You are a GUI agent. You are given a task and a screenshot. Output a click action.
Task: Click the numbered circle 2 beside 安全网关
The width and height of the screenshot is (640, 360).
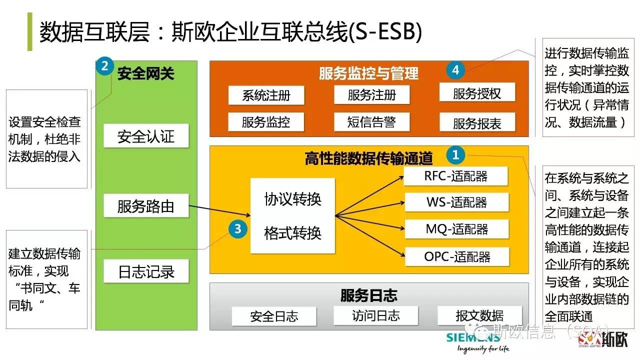tap(104, 66)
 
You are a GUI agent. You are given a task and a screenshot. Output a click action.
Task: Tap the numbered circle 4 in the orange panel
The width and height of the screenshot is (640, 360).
tap(455, 70)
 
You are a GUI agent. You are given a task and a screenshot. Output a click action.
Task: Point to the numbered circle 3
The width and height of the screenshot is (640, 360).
tap(238, 229)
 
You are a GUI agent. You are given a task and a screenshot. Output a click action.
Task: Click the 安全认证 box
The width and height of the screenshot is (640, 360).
tap(146, 136)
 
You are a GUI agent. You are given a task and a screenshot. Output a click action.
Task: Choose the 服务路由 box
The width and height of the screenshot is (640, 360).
tap(146, 205)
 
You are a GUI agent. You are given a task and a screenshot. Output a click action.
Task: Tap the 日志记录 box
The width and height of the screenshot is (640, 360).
tap(146, 271)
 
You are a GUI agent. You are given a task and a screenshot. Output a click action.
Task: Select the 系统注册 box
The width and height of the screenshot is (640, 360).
tap(266, 95)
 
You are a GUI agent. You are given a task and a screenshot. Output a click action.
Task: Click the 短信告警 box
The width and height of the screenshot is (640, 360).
tap(371, 122)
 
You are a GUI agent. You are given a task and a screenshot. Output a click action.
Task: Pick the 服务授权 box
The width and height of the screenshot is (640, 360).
tap(477, 93)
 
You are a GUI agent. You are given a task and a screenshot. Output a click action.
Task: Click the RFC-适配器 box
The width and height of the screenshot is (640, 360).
tap(455, 176)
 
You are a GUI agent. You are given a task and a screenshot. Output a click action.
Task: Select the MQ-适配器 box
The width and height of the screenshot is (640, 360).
tap(456, 229)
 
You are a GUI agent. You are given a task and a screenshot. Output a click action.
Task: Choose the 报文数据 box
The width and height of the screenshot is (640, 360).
tap(479, 316)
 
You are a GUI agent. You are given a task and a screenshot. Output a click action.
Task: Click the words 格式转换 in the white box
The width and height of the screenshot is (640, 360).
tap(292, 233)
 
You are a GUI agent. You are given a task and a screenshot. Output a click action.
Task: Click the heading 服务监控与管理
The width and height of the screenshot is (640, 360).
tap(368, 74)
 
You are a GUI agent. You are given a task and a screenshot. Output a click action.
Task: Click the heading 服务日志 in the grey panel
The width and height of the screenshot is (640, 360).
tap(368, 295)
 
